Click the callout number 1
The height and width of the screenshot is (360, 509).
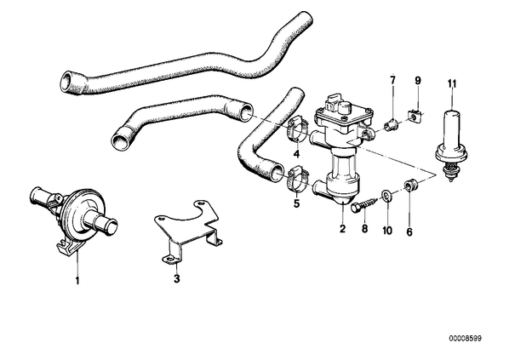click(77, 280)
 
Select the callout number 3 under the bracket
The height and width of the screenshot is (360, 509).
click(176, 278)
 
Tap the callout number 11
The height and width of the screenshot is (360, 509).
click(452, 84)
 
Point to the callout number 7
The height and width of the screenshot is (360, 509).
click(392, 80)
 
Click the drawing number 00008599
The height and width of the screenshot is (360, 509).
click(466, 339)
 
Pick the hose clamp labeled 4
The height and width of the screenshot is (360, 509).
click(297, 130)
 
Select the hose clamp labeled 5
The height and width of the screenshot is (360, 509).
click(296, 178)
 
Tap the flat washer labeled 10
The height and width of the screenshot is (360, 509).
click(387, 195)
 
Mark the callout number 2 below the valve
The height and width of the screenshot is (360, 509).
click(342, 229)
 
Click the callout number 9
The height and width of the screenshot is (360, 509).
click(418, 80)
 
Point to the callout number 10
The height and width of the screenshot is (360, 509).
click(387, 231)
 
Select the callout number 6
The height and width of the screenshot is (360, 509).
click(409, 231)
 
